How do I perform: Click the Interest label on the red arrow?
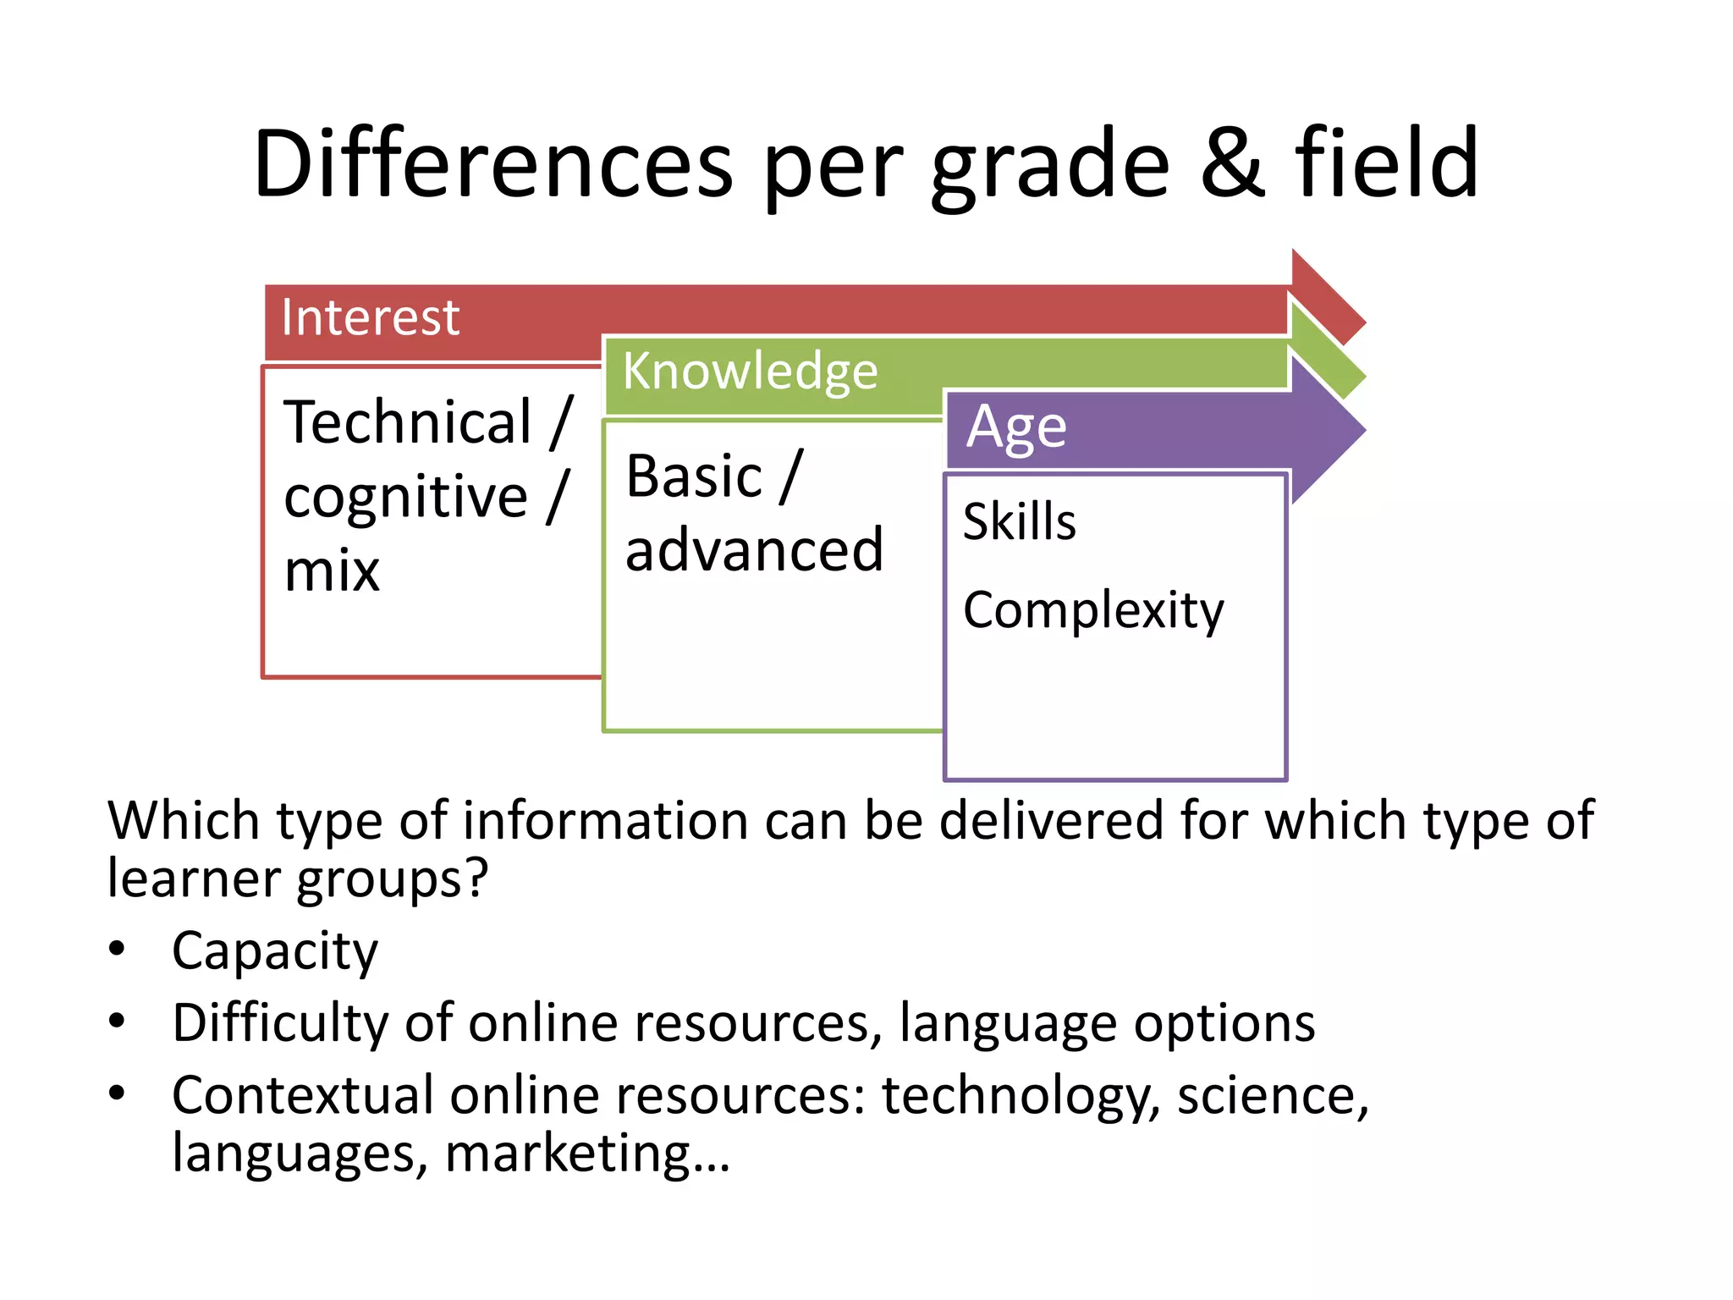(x=370, y=318)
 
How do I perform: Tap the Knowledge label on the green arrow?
(x=750, y=372)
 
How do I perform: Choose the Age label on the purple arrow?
(x=1016, y=428)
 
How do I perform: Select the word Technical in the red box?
(x=408, y=422)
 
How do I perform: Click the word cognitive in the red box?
(x=405, y=497)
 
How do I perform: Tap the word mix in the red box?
(x=332, y=571)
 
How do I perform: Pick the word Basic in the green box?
(x=694, y=476)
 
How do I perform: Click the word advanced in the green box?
(x=754, y=551)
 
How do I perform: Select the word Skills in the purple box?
(x=1019, y=521)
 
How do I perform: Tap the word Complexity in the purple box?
(x=1092, y=611)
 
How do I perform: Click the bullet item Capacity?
(x=274, y=951)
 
